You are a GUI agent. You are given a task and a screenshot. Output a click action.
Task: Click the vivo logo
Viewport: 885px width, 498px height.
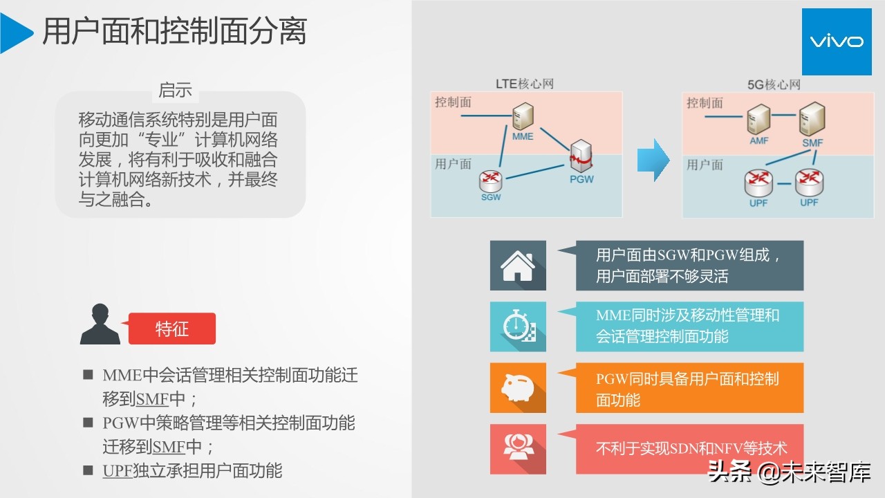(837, 41)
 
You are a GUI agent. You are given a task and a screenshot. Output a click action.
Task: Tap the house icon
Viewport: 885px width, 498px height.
(518, 266)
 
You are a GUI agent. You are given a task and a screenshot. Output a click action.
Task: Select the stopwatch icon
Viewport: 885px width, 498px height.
(518, 326)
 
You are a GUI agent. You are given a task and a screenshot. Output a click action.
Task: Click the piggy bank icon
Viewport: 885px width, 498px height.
(518, 388)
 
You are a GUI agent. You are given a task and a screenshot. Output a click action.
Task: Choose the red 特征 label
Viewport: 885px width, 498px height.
(172, 329)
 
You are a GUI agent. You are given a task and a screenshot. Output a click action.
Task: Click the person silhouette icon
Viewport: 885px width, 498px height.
(100, 324)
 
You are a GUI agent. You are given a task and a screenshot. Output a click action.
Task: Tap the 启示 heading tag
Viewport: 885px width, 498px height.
(175, 90)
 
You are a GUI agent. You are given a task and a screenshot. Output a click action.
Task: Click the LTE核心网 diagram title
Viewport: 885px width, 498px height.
(525, 84)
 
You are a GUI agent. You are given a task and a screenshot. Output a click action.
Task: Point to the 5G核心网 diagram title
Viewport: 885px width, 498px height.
(774, 84)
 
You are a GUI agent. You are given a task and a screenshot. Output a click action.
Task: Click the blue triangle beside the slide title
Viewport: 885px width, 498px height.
(15, 33)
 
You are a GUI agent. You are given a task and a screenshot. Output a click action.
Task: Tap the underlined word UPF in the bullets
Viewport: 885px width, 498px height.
(117, 471)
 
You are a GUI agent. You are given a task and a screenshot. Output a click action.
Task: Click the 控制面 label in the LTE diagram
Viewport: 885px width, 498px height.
(453, 102)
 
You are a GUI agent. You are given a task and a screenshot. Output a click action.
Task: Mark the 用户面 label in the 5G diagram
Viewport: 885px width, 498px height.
(705, 165)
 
